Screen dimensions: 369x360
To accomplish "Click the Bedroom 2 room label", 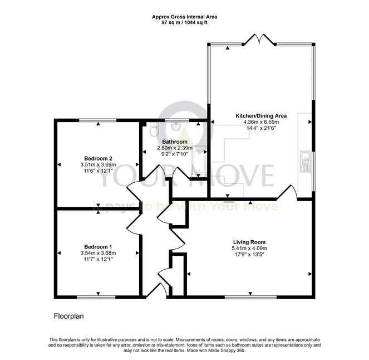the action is (x=98, y=158).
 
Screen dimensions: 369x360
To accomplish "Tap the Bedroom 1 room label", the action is (x=98, y=247).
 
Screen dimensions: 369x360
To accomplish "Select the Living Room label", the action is (x=249, y=242).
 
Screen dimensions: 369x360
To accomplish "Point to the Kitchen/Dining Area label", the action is (x=261, y=116).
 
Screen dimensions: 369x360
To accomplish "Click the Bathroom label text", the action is (x=175, y=142).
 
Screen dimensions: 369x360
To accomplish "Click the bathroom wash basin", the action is (x=176, y=127).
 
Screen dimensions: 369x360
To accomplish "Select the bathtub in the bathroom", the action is (x=200, y=162).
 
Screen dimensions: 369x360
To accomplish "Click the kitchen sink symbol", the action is (x=305, y=162).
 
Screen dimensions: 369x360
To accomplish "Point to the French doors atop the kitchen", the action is (x=259, y=40).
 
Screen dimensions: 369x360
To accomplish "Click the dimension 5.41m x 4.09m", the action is (x=249, y=249).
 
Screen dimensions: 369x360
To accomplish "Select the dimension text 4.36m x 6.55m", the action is (x=261, y=122).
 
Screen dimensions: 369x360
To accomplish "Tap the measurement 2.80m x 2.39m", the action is (x=175, y=148).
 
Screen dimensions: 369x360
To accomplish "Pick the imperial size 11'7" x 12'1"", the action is (x=98, y=259).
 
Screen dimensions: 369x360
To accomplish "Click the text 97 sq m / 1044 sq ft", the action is (x=185, y=23).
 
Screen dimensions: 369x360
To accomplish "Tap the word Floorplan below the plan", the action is (x=68, y=316).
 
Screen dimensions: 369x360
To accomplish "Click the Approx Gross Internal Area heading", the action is (x=185, y=17).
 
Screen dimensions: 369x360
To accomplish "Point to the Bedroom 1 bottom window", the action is (x=96, y=297).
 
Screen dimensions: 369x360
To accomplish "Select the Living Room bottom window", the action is (x=250, y=297).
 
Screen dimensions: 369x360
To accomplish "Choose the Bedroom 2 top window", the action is (x=97, y=120).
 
